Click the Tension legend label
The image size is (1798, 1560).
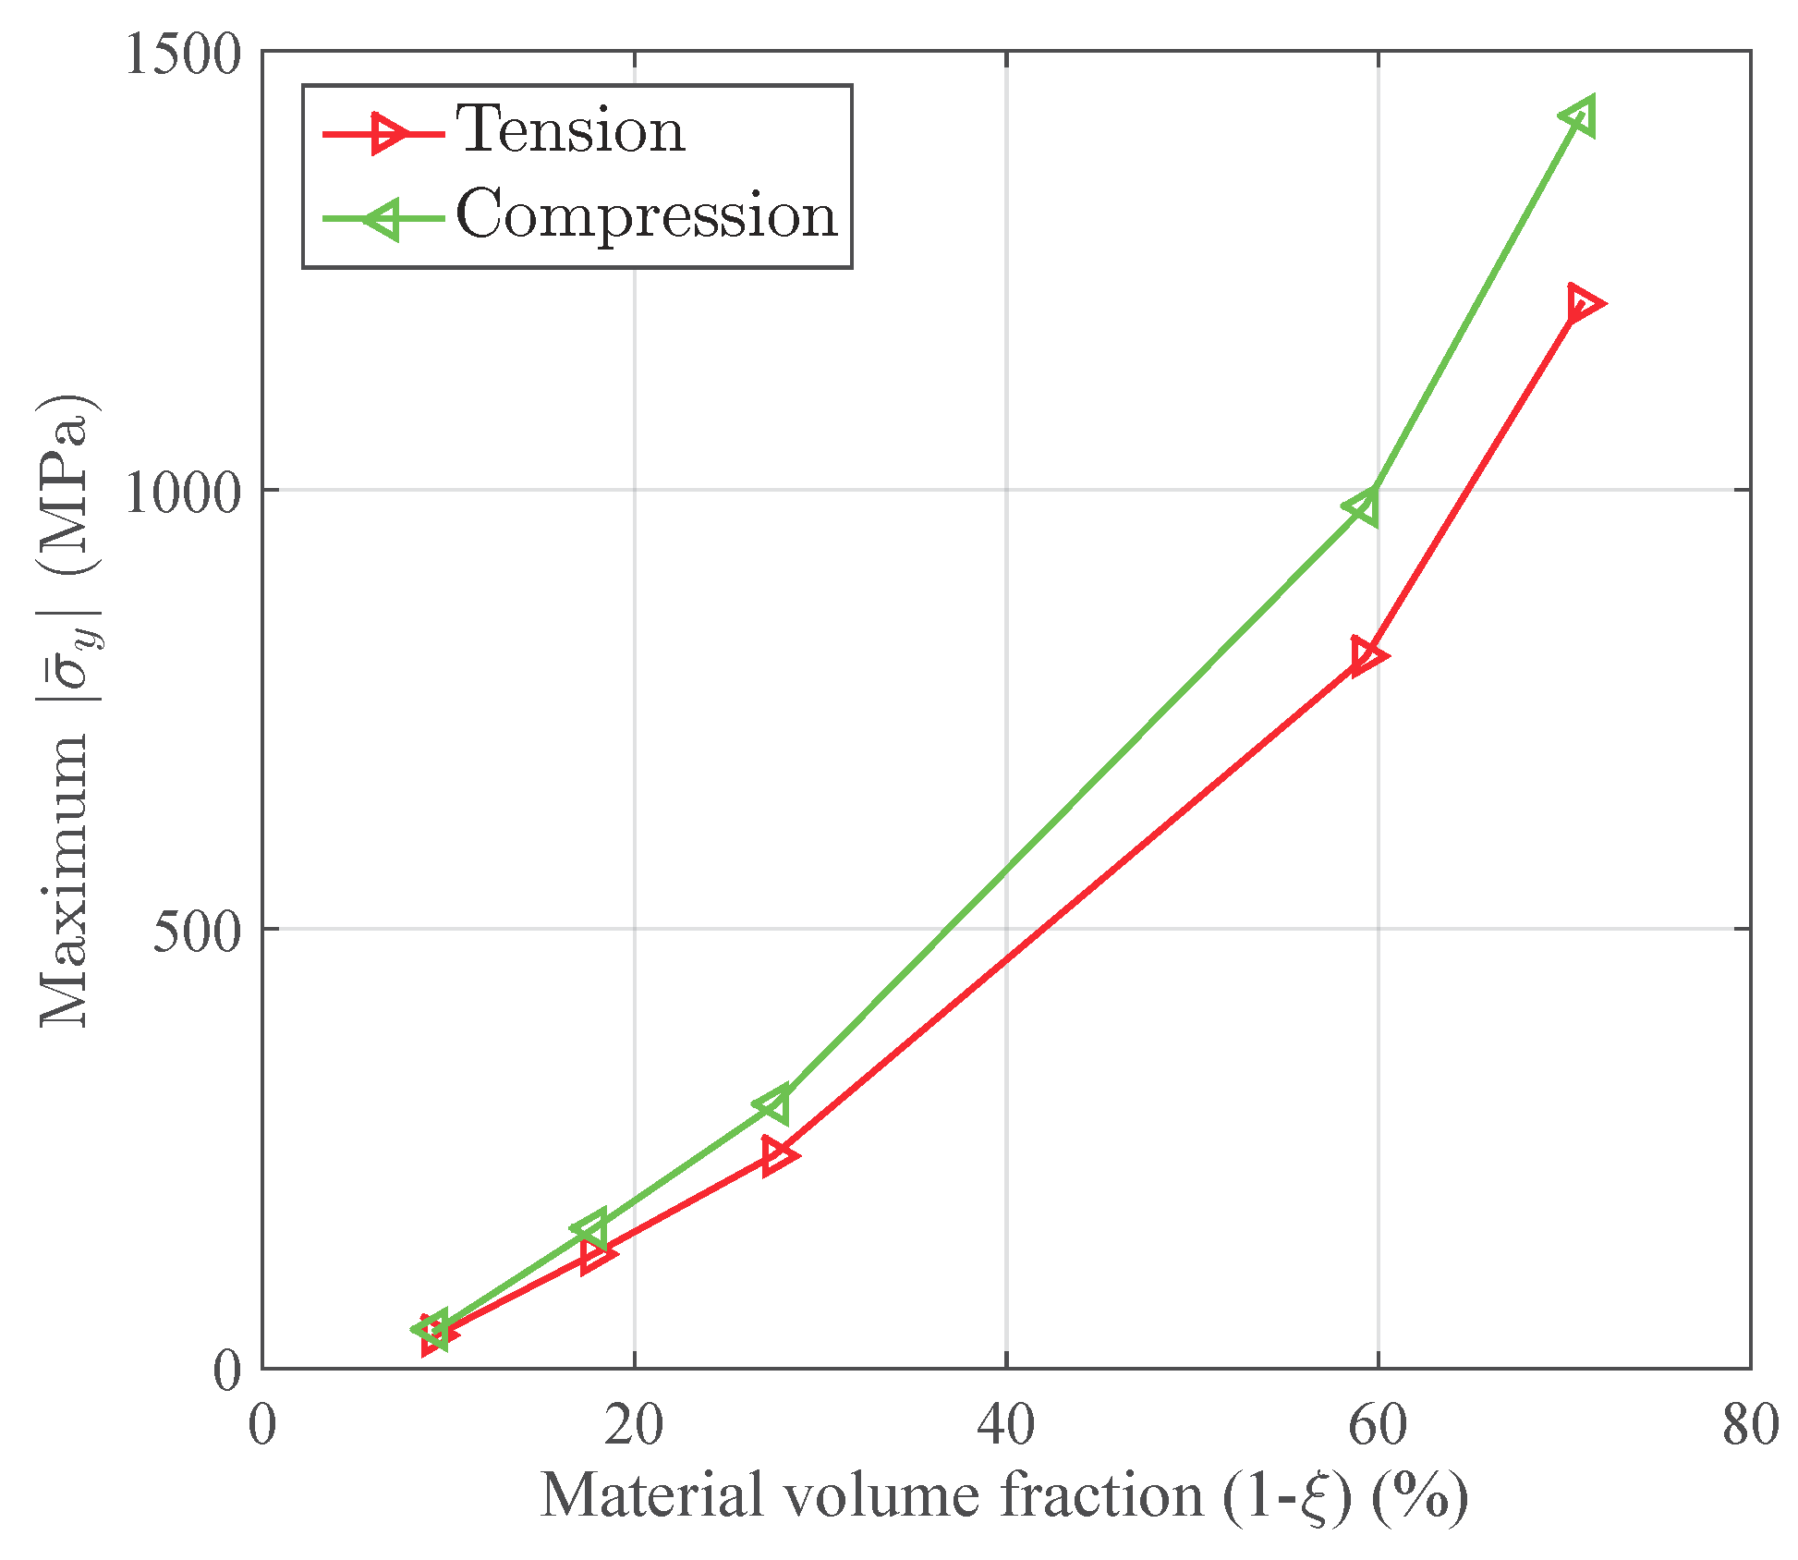(570, 130)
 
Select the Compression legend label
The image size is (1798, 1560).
(646, 215)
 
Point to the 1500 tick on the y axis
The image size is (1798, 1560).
(182, 54)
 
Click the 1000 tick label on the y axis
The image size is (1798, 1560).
(182, 492)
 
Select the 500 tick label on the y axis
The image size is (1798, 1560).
(196, 931)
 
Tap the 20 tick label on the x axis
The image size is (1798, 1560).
(634, 1426)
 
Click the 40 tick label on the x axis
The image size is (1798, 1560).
(1006, 1426)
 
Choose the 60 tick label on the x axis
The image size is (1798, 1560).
(1378, 1426)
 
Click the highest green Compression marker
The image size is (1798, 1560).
(1578, 116)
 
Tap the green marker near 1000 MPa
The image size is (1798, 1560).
(1364, 506)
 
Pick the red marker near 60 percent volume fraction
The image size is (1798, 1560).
(1367, 656)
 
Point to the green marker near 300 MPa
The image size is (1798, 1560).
(773, 1104)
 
